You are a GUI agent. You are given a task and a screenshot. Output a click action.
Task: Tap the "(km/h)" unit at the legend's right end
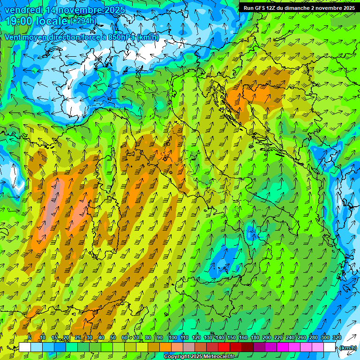tap(347, 348)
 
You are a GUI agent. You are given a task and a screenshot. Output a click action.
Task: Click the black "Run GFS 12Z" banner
tap(299, 7)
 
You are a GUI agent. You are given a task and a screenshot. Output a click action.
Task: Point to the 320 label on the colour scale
tap(337, 338)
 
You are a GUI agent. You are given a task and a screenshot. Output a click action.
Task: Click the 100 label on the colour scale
tap(172, 338)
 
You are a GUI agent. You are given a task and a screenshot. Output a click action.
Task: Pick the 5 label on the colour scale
tap(30, 338)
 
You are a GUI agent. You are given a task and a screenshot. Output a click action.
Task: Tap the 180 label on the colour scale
tap(255, 338)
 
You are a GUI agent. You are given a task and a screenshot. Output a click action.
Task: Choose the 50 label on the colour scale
tap(113, 338)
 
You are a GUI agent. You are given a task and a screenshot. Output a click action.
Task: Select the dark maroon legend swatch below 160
tap(247, 347)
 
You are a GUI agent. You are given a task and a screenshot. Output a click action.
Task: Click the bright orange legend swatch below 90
tap(165, 347)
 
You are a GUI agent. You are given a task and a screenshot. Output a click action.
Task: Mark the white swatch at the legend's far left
tap(25, 347)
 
